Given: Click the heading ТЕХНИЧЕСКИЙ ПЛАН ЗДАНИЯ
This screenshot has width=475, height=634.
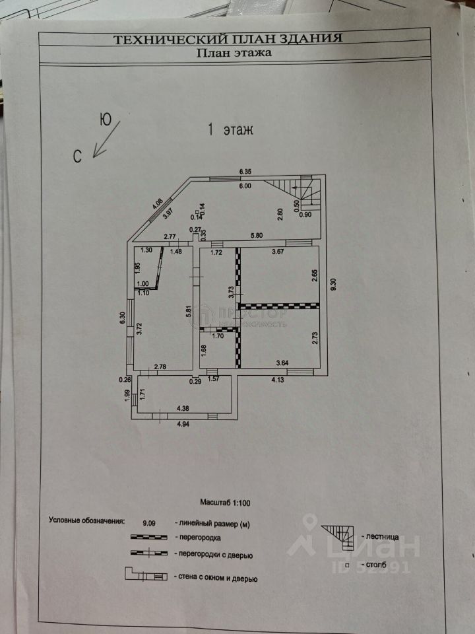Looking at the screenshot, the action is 228,39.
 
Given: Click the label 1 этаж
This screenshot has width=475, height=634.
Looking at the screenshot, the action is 231,130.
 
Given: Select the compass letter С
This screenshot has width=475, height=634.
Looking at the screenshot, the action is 78,156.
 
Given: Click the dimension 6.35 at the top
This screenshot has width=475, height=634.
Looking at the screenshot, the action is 245,173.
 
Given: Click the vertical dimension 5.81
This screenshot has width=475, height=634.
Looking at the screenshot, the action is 189,306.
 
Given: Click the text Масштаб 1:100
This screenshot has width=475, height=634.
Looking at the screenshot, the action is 224,503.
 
